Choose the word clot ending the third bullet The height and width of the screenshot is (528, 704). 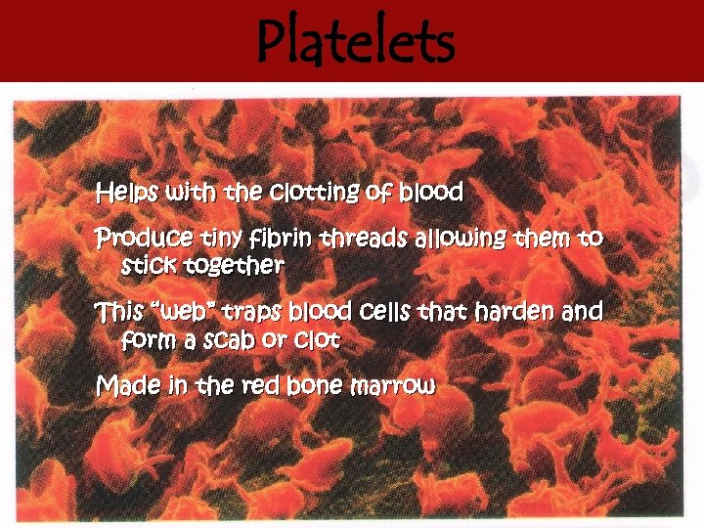322,340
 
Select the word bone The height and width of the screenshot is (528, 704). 317,386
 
